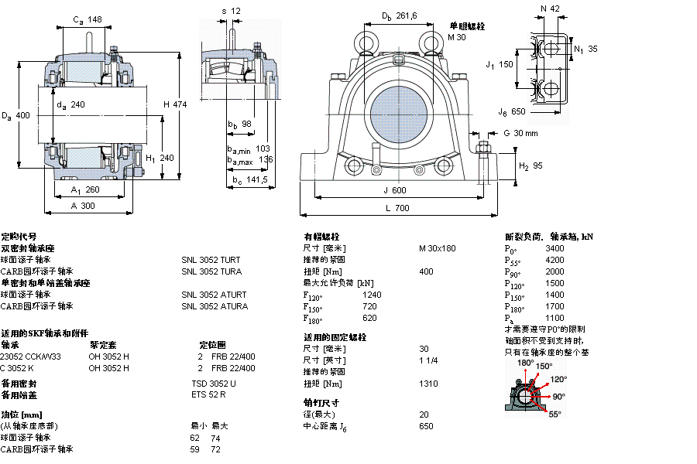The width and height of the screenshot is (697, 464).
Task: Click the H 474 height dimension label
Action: [175, 104]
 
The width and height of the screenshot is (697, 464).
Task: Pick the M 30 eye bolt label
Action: [457, 37]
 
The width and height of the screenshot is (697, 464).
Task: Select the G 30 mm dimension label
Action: [520, 133]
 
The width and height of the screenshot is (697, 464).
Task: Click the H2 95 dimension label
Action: [530, 165]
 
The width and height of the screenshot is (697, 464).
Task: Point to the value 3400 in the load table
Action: [555, 248]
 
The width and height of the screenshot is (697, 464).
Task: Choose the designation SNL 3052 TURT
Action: [211, 260]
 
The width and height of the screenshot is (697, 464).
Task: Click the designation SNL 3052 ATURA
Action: [215, 306]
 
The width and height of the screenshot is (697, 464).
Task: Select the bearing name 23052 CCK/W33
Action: [31, 357]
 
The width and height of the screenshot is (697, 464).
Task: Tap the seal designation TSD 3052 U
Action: [214, 384]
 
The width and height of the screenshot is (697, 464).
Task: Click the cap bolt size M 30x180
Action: [438, 248]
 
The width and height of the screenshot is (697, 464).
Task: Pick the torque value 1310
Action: [427, 384]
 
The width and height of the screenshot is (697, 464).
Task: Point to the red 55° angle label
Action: [555, 415]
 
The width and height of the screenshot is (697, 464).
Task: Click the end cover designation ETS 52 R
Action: [208, 395]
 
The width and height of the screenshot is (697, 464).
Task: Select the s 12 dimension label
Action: [232, 11]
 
